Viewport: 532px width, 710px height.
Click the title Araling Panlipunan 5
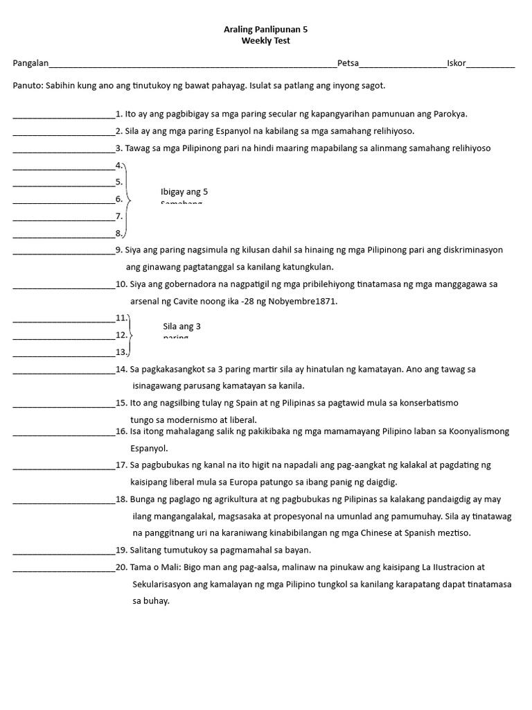[x=265, y=30]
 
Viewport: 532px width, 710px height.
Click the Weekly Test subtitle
[x=265, y=41]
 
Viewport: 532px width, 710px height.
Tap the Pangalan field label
[x=30, y=64]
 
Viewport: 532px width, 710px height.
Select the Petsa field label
[x=348, y=64]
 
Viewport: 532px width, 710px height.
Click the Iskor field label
[x=456, y=64]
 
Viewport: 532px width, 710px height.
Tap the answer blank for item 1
[x=64, y=115]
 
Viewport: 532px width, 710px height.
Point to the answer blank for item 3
[x=64, y=149]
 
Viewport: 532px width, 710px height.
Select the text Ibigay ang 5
[x=184, y=192]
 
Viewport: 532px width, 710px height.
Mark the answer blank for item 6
[x=64, y=200]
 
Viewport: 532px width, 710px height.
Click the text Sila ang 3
[x=181, y=326]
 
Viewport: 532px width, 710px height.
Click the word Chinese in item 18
[x=384, y=532]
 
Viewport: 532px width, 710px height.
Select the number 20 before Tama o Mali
[x=121, y=567]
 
